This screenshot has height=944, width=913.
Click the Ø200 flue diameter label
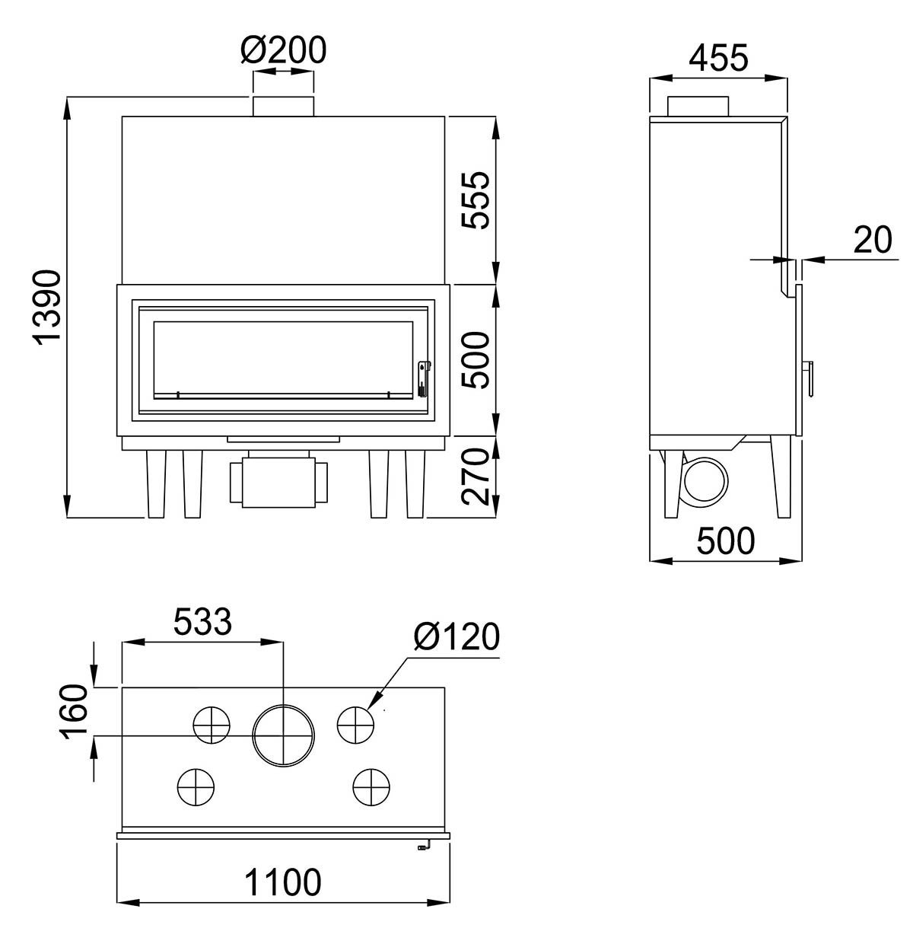(283, 49)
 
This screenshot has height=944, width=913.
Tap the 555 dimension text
(476, 199)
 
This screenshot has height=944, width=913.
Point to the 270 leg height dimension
(476, 477)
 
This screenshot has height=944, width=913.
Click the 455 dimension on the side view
(718, 58)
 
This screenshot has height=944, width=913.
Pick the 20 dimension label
(872, 240)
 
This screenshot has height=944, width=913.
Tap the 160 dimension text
(75, 712)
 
